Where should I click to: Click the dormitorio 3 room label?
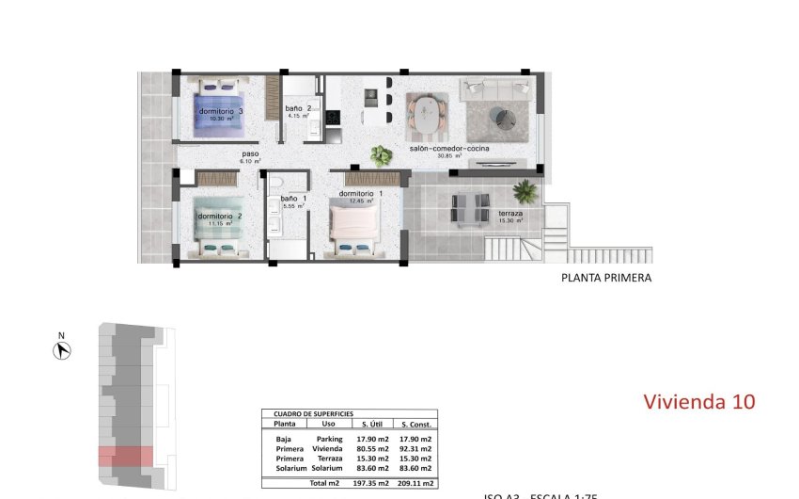tap(221, 111)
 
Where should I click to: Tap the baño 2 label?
tap(298, 109)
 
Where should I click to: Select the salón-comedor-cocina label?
tap(448, 149)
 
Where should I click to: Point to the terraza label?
tap(510, 214)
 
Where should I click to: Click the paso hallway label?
tap(249, 154)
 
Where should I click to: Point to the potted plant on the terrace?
tap(525, 191)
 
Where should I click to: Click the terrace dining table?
tap(470, 208)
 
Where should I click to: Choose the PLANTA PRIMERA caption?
tap(605, 278)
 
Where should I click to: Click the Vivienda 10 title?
tap(698, 402)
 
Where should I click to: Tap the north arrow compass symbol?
tap(64, 350)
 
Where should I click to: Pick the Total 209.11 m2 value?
tap(415, 483)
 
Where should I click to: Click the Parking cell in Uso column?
tap(329, 439)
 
